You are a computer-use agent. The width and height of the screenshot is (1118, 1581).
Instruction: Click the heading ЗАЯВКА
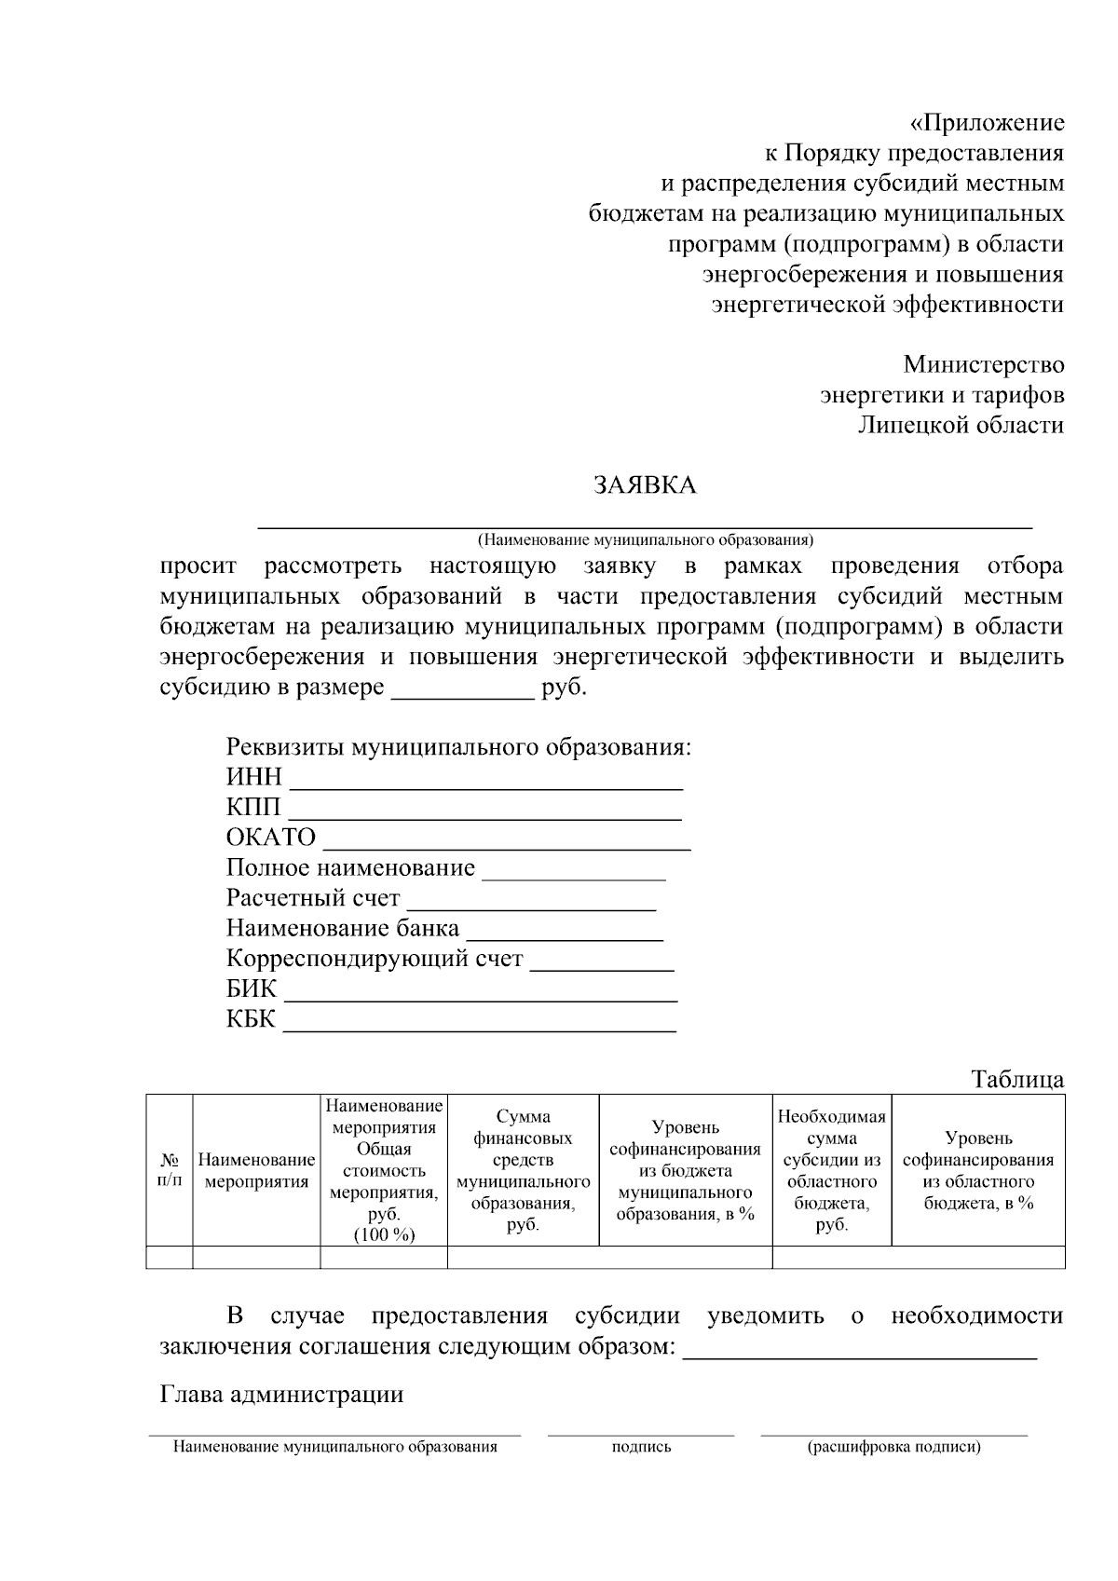645,484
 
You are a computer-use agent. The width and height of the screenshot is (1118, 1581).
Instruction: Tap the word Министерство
983,364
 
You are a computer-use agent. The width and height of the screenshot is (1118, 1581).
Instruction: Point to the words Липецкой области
961,426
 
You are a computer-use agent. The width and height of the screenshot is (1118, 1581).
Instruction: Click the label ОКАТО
271,838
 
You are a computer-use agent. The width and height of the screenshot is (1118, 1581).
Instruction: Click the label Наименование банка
342,929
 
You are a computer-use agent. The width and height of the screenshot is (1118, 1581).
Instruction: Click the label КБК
251,1019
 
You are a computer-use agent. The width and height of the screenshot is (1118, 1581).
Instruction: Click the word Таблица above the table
1017,1080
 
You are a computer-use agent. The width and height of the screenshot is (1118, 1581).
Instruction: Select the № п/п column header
170,1171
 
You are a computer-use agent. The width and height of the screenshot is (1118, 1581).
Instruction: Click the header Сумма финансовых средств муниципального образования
523,1170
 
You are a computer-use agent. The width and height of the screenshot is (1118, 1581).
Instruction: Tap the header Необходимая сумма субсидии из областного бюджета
831,1170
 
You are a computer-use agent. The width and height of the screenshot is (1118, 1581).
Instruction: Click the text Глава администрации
281,1395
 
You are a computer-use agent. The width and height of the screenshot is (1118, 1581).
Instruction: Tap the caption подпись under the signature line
641,1447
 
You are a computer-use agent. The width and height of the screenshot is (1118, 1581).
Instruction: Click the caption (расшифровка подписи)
893,1447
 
